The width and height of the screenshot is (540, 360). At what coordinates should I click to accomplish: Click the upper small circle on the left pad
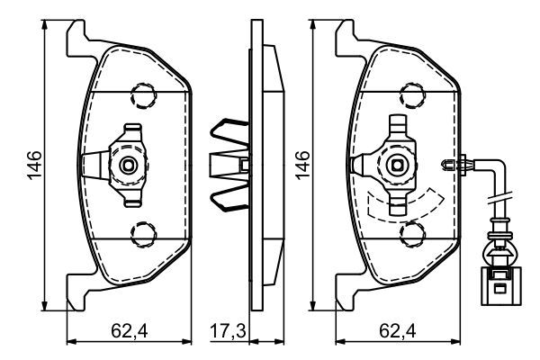click(140, 93)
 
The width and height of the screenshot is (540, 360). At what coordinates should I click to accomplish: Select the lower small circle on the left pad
click(140, 236)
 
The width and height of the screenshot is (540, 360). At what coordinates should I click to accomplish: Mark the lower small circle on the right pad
click(410, 236)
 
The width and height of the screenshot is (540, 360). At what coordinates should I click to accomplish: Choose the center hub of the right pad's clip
click(398, 165)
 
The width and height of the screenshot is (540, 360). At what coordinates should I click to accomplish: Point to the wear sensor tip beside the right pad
click(454, 165)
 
